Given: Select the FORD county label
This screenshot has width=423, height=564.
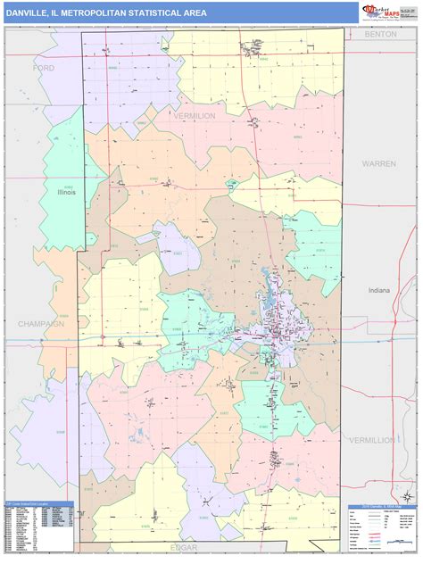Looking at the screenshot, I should (x=42, y=68).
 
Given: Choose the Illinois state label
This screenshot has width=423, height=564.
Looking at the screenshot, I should (x=67, y=192).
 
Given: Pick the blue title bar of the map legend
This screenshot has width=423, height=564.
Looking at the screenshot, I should (x=383, y=508).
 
